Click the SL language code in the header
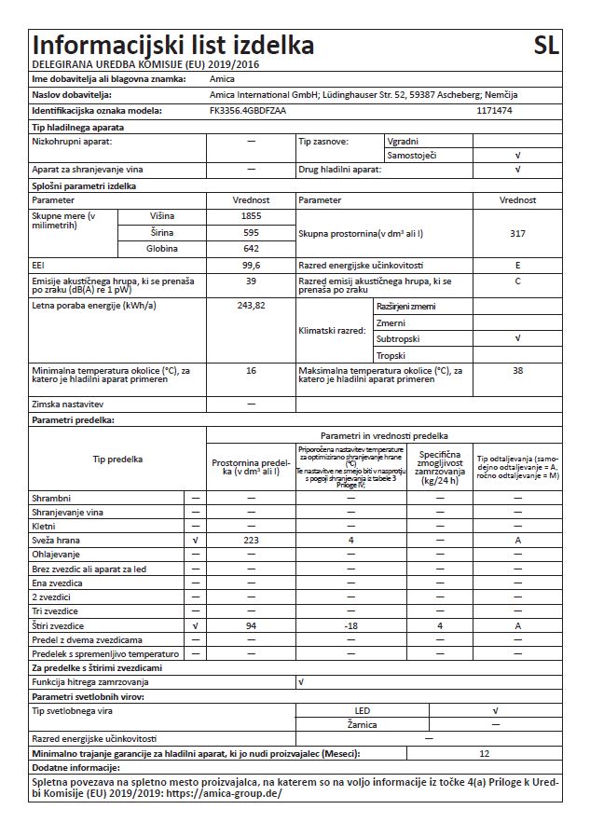click(547, 46)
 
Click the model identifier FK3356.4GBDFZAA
click(247, 111)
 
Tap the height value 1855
click(251, 216)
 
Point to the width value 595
click(251, 232)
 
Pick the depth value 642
click(251, 249)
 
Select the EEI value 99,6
click(251, 265)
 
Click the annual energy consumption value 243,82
click(251, 305)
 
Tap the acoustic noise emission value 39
click(251, 281)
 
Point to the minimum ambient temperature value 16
click(251, 371)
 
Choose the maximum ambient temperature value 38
click(517, 371)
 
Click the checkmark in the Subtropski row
click(517, 339)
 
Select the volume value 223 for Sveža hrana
click(251, 541)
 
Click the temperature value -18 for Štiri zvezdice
click(350, 625)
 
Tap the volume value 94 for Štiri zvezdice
click(251, 625)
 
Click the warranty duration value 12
click(483, 753)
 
